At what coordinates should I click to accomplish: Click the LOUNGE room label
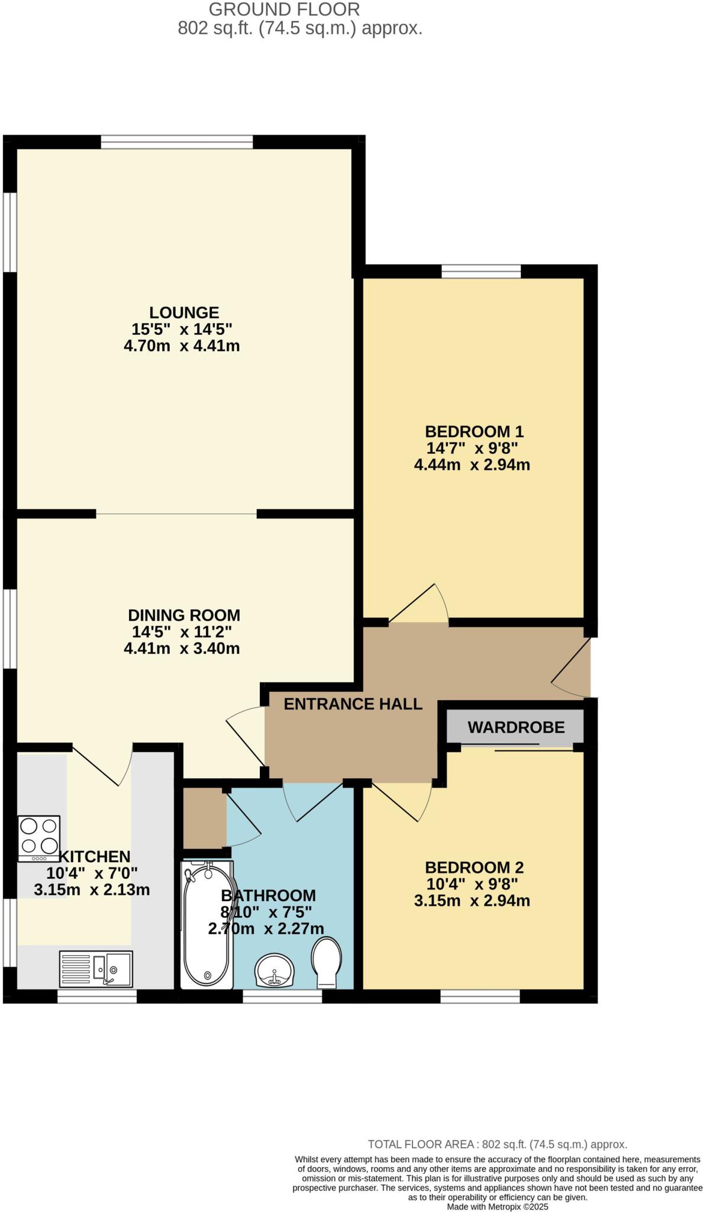tap(183, 312)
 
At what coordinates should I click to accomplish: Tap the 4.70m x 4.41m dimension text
tap(182, 346)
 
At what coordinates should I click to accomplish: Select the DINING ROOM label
tap(184, 615)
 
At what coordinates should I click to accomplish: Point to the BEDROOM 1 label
tap(474, 431)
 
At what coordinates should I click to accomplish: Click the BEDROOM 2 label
tap(474, 868)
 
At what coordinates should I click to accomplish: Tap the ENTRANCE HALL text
tap(353, 704)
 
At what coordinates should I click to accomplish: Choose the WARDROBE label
tap(516, 727)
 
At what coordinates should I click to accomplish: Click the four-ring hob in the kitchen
tap(39, 837)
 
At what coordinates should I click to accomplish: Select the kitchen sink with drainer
tap(96, 968)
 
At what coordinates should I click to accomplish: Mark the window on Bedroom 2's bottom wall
tap(480, 997)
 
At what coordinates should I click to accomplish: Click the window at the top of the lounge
tap(176, 142)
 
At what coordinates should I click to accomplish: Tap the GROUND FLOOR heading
tap(284, 9)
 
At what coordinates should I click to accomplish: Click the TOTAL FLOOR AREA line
tap(497, 1145)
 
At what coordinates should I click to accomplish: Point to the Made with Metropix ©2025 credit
tap(497, 1207)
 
